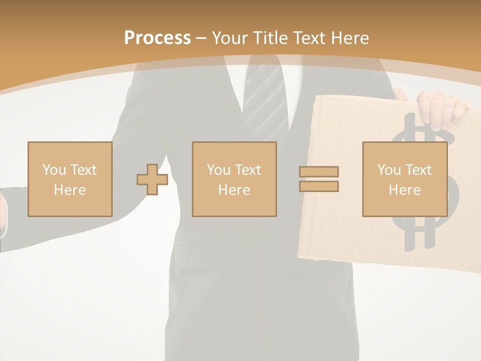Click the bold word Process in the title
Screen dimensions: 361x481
click(x=157, y=38)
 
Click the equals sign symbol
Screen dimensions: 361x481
click(x=319, y=179)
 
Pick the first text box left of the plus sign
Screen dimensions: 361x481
click(x=70, y=179)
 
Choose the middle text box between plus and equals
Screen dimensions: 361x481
click(x=234, y=179)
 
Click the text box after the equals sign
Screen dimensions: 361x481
click(x=404, y=179)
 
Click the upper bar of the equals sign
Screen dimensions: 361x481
click(x=319, y=171)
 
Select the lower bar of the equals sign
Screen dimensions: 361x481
click(x=319, y=187)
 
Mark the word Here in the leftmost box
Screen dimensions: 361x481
click(x=70, y=190)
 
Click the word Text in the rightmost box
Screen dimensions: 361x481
click(x=417, y=170)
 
